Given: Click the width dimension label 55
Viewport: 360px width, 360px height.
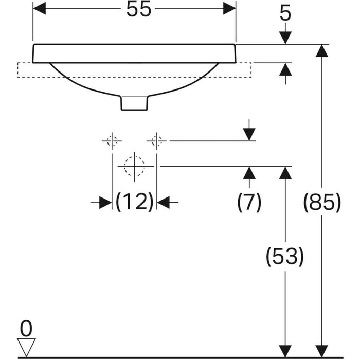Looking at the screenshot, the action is (139, 9).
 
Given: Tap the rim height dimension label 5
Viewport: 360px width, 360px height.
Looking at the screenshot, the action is (285, 13).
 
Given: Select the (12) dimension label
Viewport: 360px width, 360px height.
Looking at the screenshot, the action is (134, 202).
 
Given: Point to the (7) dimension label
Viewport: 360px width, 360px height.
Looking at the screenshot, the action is (249, 202).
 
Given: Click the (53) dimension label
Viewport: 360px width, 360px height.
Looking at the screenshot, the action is (285, 256).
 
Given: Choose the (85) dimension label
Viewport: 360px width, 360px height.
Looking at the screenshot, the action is (322, 202).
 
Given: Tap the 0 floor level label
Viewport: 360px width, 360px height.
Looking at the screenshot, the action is (26, 329).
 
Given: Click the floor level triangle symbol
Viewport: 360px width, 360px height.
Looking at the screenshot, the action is (26, 347).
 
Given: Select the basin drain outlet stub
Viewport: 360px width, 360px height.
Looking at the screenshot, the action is (134, 103).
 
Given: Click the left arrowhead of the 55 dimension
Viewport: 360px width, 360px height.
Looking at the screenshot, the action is (40, 9).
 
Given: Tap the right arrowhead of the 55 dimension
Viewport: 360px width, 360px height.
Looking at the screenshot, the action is (229, 9).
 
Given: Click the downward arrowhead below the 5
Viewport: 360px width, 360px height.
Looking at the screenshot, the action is (285, 38).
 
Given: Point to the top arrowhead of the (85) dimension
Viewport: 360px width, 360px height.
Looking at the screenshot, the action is (321, 50).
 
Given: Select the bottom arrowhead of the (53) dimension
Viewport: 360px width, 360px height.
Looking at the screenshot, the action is (285, 351).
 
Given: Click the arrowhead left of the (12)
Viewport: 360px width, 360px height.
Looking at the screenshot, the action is (105, 203).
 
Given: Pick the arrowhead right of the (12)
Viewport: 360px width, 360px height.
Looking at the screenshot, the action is (163, 203).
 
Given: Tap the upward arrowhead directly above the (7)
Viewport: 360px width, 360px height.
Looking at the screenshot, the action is (249, 173).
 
